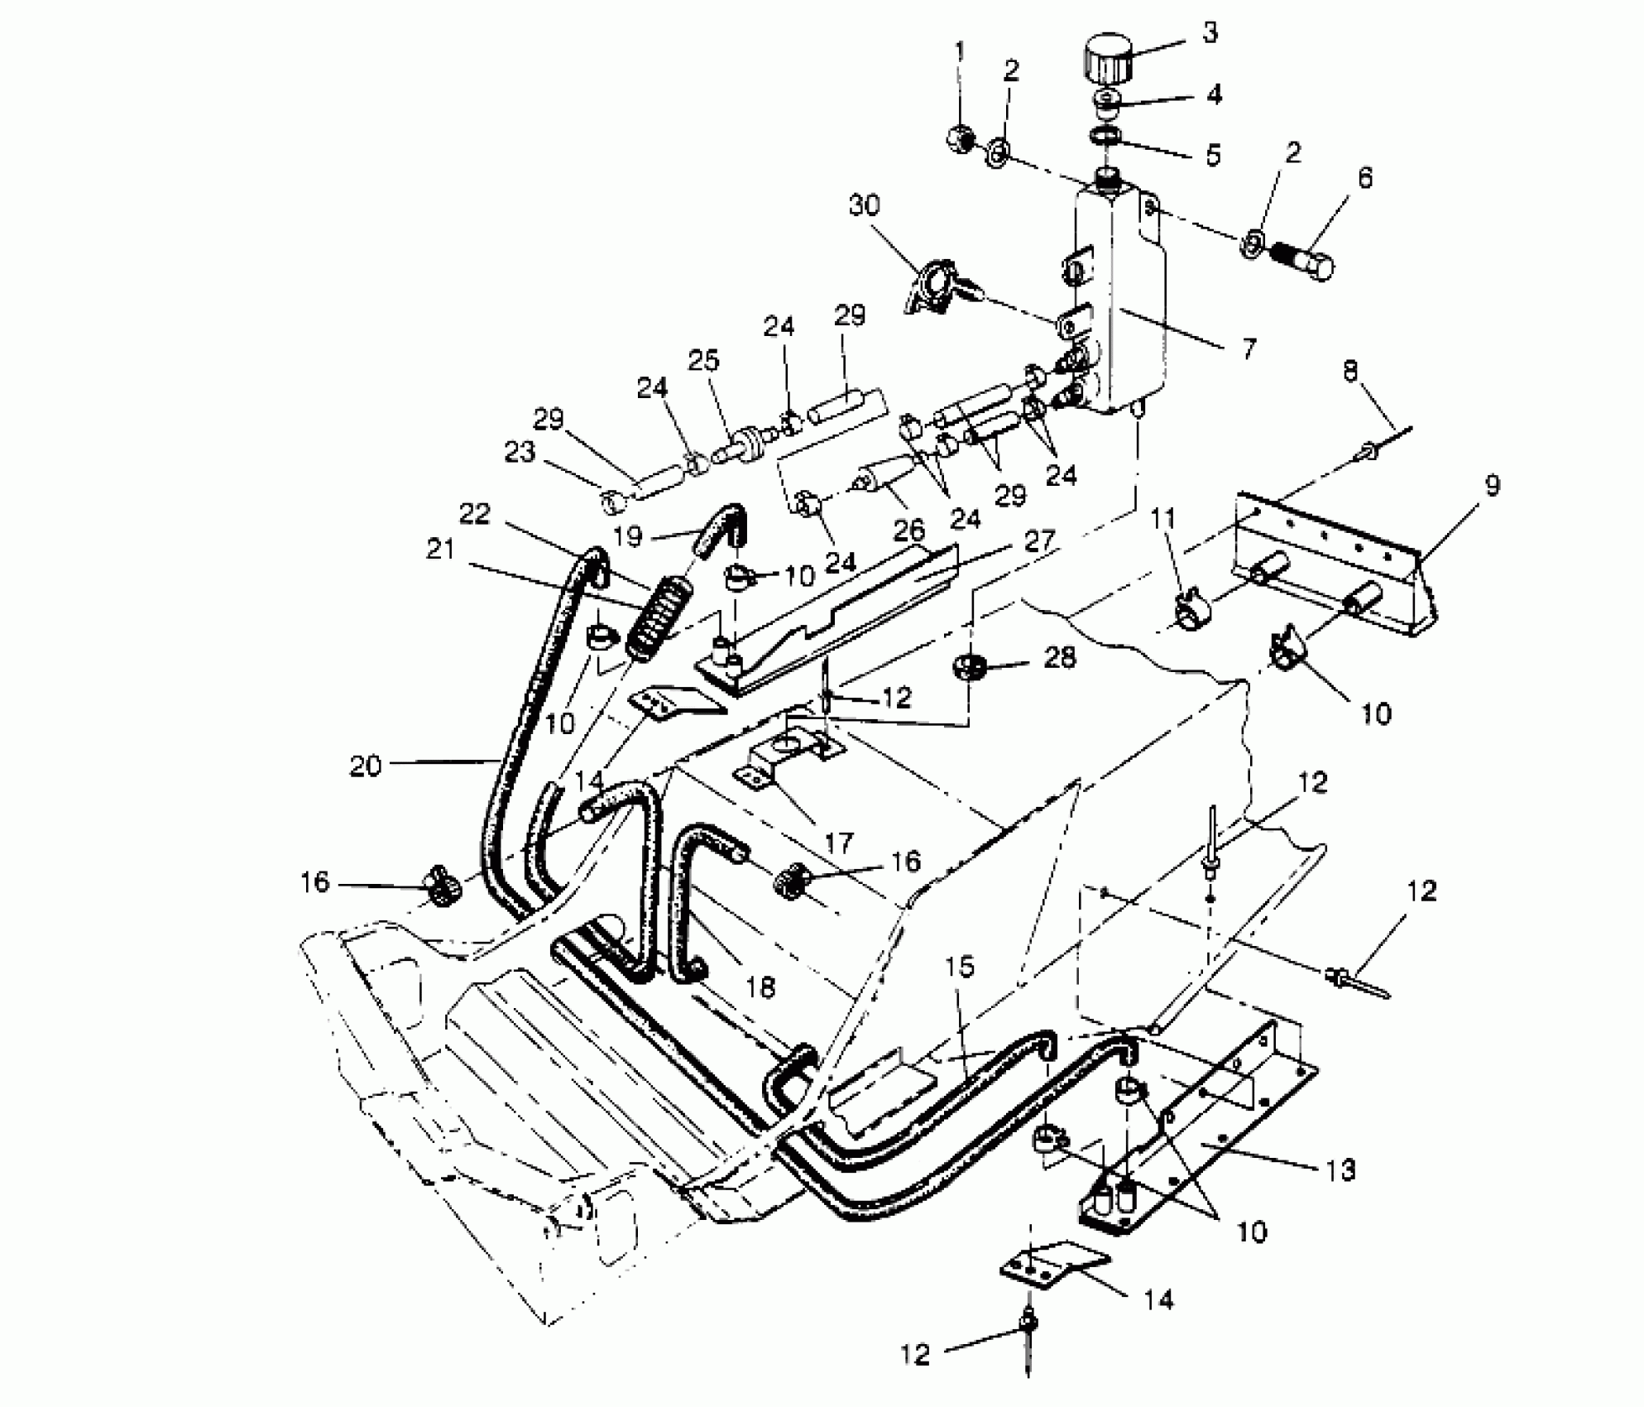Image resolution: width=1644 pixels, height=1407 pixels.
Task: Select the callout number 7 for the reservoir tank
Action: coord(1249,348)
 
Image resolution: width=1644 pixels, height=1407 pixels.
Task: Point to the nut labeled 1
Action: coord(960,138)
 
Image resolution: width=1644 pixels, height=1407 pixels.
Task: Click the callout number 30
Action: coord(864,205)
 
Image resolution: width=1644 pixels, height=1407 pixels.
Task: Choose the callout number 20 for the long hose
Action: coord(365,766)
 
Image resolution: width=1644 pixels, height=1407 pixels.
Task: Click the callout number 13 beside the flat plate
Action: coord(1341,1170)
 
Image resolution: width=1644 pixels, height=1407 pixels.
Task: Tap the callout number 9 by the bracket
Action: coord(1491,486)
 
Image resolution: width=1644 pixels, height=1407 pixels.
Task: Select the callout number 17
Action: coord(839,843)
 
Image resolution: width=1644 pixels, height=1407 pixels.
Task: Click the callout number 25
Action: coord(704,361)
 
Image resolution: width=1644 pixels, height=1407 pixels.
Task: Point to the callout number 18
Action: coord(760,987)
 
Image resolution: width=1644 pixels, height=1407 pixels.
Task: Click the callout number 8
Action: coord(1350,372)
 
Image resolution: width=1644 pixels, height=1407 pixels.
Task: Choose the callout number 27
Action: coord(1039,541)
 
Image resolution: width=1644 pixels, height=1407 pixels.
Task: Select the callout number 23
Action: coord(520,452)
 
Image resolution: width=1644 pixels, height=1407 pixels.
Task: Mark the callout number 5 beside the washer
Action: coord(1213,155)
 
